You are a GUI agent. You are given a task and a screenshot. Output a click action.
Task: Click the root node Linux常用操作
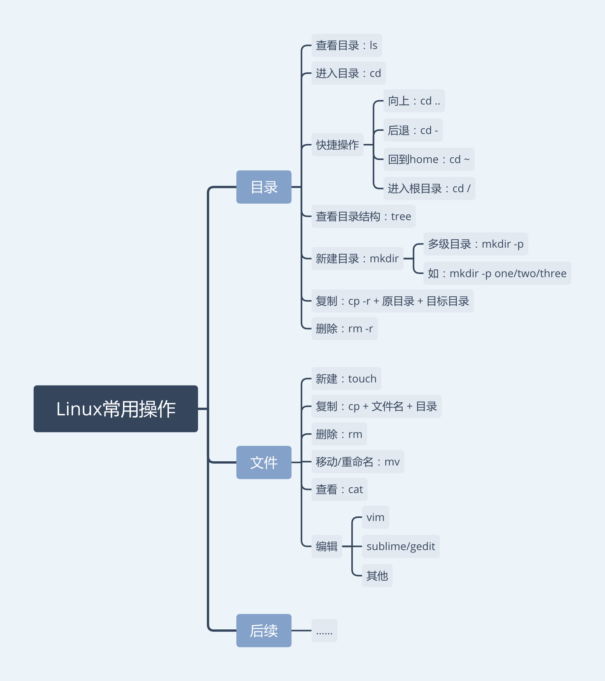116,409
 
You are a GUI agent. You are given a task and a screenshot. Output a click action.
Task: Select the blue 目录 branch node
264,187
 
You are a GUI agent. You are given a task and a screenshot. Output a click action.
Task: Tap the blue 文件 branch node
264,462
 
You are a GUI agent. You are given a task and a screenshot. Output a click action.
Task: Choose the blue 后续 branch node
264,630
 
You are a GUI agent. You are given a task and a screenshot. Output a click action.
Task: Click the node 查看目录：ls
346,46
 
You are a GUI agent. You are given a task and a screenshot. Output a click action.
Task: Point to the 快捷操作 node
337,145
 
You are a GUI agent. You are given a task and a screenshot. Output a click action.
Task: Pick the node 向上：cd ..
414,101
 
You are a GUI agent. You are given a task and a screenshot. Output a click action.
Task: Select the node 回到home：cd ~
429,159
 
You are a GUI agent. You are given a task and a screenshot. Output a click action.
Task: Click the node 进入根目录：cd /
429,188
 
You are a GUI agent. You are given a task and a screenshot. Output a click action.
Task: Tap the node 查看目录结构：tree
363,216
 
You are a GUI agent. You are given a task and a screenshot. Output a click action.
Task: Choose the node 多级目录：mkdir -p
475,244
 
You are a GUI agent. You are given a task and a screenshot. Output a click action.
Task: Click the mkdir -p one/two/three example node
497,273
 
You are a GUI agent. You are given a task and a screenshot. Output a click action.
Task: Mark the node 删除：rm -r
344,328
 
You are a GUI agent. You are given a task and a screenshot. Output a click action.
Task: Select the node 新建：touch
346,379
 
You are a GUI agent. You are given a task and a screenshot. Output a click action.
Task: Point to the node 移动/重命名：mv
357,462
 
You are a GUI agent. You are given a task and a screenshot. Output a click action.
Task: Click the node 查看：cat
339,489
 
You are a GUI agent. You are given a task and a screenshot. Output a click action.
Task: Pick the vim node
375,517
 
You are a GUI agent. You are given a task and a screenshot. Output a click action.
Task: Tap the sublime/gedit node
401,546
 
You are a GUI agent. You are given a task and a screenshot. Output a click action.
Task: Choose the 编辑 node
326,546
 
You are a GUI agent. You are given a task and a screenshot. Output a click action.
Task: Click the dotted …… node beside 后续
324,630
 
